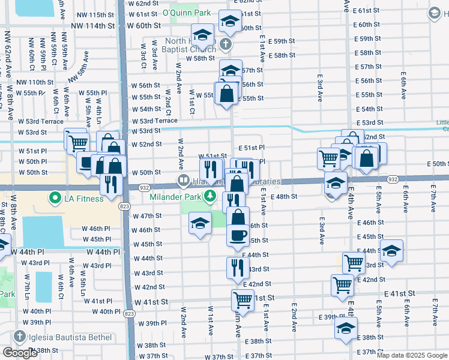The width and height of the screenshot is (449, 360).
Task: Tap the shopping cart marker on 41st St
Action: tap(243, 299)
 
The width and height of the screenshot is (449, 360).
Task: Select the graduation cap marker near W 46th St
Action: tap(200, 224)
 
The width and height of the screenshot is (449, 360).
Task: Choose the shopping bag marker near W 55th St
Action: tap(226, 94)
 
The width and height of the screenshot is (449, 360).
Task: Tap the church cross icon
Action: tap(225, 44)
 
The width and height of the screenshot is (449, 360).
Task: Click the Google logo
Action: tap(20, 353)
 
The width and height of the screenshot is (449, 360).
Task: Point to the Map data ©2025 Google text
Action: tap(412, 355)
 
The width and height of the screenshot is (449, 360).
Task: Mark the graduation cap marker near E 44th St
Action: tap(391, 252)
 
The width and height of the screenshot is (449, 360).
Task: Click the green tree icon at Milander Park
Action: tap(210, 196)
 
